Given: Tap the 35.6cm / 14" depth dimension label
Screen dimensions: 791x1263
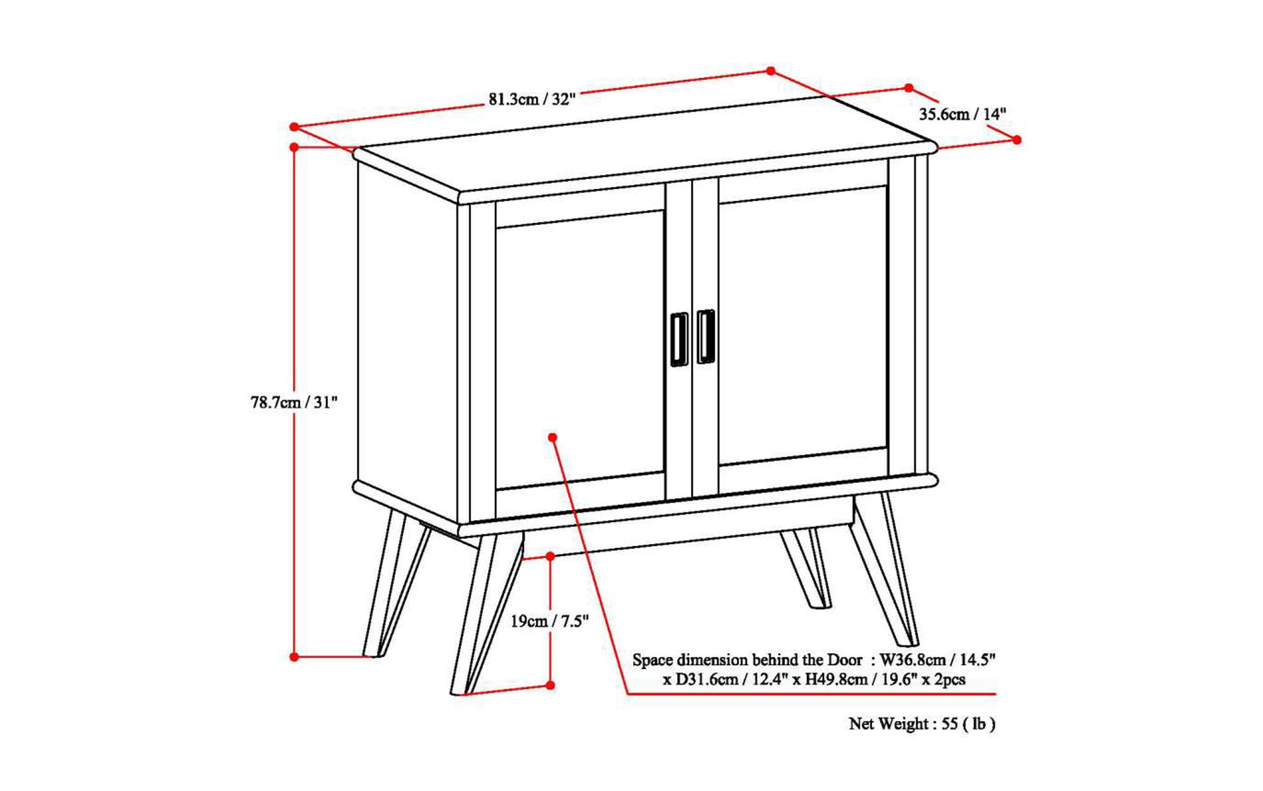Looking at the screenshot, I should pyautogui.click(x=963, y=114).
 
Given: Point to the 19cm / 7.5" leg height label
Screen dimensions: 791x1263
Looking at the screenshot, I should pyautogui.click(x=549, y=621).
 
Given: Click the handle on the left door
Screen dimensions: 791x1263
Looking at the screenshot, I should pyautogui.click(x=679, y=340).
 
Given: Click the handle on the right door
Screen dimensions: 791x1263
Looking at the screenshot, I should pyautogui.click(x=706, y=336).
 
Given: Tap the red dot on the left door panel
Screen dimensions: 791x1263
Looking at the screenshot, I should pyautogui.click(x=552, y=437).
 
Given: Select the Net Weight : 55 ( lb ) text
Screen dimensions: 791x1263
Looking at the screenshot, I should pyautogui.click(x=922, y=724).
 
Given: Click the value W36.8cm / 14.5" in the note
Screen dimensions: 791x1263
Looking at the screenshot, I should pyautogui.click(x=937, y=660).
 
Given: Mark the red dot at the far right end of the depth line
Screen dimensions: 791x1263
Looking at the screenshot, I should pyautogui.click(x=1017, y=140).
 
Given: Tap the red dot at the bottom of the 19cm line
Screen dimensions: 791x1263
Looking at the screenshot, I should pyautogui.click(x=550, y=685).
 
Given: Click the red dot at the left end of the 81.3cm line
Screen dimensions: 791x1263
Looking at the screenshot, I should pyautogui.click(x=294, y=127).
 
